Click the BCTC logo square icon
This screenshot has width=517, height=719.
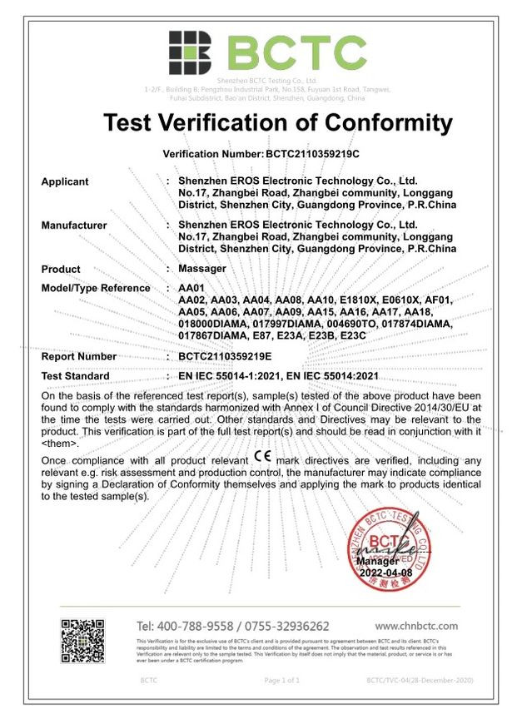pyautogui.click(x=191, y=52)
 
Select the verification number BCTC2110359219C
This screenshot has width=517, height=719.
pyautogui.click(x=312, y=155)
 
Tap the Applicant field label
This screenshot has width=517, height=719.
pyautogui.click(x=65, y=181)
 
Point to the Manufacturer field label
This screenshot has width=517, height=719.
pyautogui.click(x=74, y=226)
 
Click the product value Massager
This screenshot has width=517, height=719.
pyautogui.click(x=202, y=269)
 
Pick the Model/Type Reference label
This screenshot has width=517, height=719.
pyautogui.click(x=96, y=288)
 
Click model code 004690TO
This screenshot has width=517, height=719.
pyautogui.click(x=350, y=323)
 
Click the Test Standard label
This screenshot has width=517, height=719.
pyautogui.click(x=75, y=376)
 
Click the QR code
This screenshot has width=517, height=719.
pyautogui.click(x=82, y=639)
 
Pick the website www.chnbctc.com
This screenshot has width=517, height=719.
pyautogui.click(x=416, y=626)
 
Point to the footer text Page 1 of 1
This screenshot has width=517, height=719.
pyautogui.click(x=281, y=681)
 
